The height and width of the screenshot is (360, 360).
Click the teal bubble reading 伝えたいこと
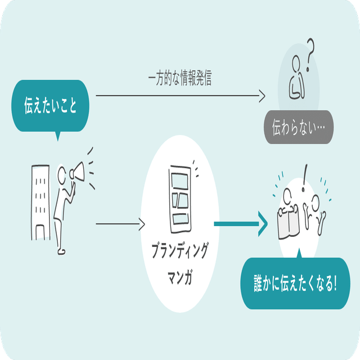(x=50, y=105)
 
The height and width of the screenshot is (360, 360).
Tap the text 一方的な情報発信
(x=179, y=79)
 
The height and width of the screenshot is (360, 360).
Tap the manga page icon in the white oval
(x=179, y=194)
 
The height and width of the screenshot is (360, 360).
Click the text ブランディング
(x=179, y=251)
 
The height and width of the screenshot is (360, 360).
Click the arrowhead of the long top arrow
(x=262, y=96)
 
